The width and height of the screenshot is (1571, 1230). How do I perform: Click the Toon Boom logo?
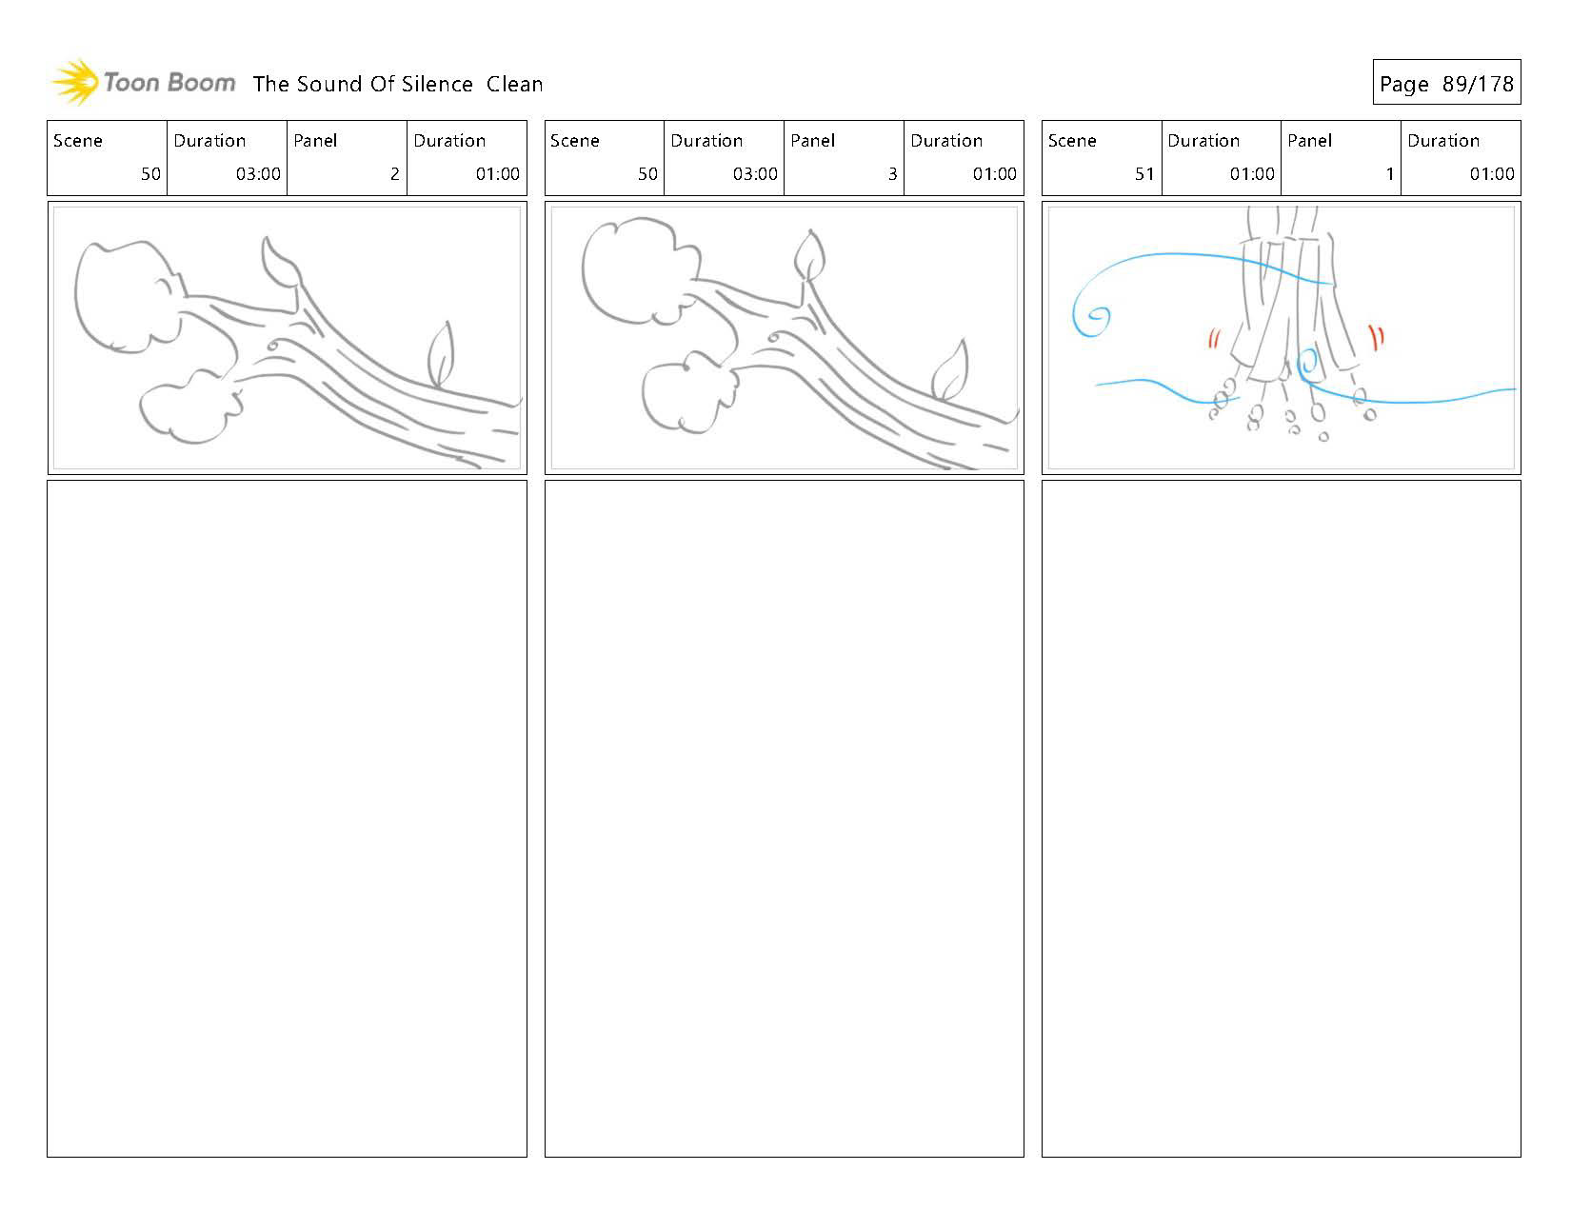point(143,83)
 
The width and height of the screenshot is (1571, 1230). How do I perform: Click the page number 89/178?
point(1477,85)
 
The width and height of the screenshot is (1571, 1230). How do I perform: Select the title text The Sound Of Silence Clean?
point(398,85)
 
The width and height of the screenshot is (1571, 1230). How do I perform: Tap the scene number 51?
point(1143,174)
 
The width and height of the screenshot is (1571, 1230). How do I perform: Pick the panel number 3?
point(892,174)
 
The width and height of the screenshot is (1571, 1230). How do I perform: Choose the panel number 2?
point(394,174)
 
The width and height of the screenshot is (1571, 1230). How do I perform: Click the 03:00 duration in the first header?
point(258,174)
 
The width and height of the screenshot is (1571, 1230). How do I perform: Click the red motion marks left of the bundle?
point(1214,339)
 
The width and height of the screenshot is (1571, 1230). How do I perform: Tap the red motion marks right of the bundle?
point(1376,336)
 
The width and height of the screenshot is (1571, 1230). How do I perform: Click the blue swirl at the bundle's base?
point(1308,364)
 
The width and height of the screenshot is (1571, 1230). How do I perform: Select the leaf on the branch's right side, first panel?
point(440,354)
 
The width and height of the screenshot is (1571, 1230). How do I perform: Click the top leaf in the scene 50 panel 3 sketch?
point(809,255)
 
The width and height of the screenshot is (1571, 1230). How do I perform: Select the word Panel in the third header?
point(1309,141)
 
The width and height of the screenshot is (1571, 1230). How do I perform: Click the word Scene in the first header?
point(78,141)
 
